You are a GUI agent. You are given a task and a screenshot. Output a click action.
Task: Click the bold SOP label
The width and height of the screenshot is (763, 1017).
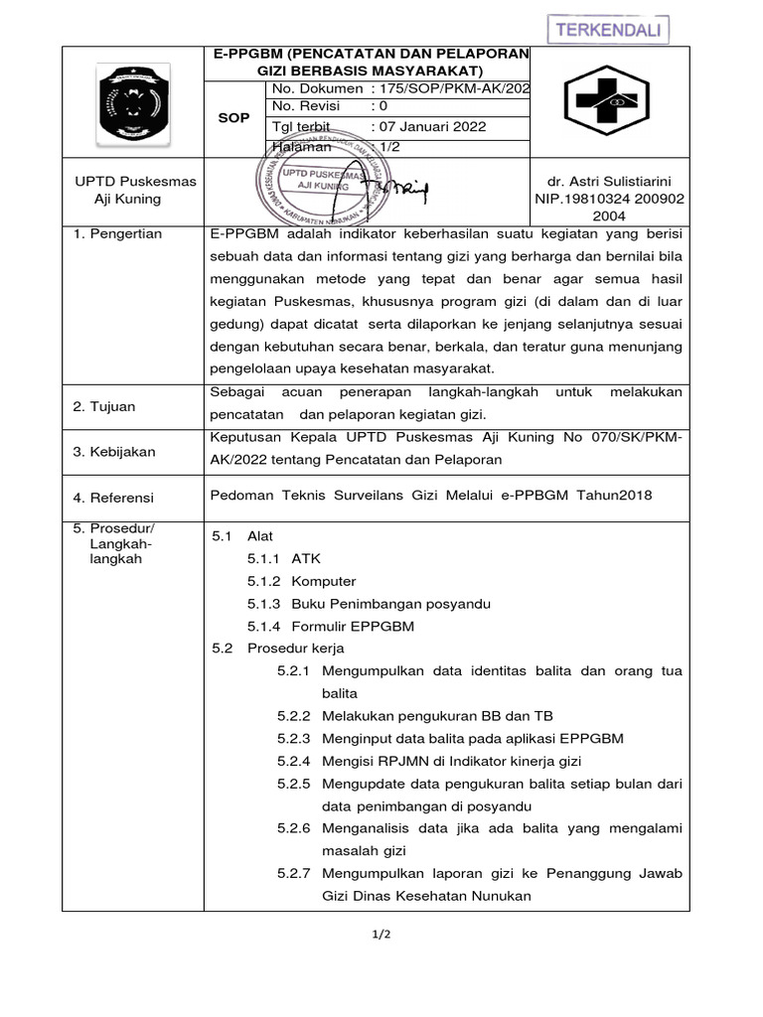(234, 117)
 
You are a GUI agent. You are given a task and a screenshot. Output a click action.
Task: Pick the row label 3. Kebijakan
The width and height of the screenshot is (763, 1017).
(115, 452)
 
